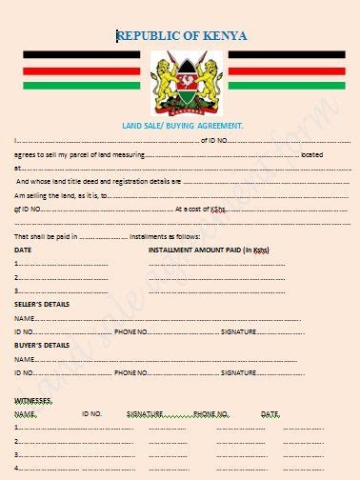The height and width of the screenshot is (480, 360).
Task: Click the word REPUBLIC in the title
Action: pyautogui.click(x=151, y=36)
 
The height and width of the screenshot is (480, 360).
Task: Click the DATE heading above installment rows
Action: pyautogui.click(x=23, y=250)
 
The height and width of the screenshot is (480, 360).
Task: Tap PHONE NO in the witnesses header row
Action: pyautogui.click(x=210, y=414)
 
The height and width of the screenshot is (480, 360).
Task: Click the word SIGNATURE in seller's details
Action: pyautogui.click(x=238, y=330)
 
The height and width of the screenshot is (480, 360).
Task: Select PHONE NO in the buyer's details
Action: pyautogui.click(x=130, y=371)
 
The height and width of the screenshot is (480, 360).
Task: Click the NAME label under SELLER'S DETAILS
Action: pyautogui.click(x=24, y=317)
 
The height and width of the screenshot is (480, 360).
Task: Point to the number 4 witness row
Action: pyautogui.click(x=17, y=468)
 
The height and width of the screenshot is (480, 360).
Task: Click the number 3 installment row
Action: pyautogui.click(x=17, y=290)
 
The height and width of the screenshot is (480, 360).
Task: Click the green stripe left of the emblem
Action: pyautogui.click(x=81, y=85)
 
